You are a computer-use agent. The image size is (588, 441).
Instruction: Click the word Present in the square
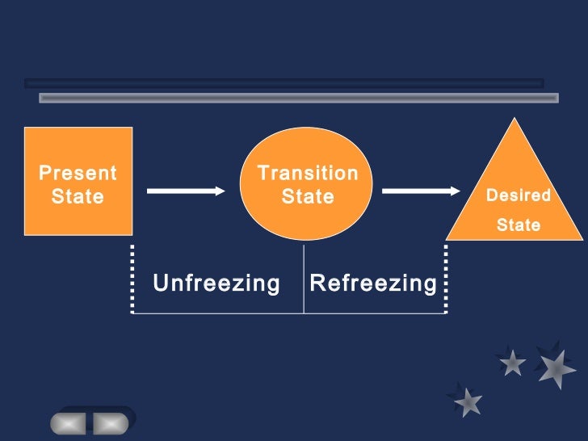click(78, 173)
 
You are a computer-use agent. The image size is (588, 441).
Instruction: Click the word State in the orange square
click(78, 196)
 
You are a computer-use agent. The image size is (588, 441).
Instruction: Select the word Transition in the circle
click(308, 173)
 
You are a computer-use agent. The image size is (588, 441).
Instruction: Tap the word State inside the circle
click(308, 196)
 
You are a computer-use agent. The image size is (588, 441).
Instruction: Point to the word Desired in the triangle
click(518, 195)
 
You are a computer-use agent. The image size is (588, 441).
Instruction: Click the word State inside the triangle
click(518, 225)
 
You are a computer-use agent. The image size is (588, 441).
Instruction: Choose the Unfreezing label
click(216, 283)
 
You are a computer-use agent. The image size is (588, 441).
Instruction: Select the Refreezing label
click(373, 283)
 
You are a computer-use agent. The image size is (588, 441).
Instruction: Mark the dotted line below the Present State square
click(132, 279)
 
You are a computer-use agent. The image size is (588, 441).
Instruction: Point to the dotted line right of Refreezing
click(446, 279)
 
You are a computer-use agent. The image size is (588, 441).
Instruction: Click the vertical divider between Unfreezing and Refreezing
click(304, 279)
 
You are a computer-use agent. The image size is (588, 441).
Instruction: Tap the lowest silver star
click(468, 401)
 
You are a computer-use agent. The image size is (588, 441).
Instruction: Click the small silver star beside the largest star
click(512, 363)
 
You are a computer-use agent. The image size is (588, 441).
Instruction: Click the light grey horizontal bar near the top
click(299, 98)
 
